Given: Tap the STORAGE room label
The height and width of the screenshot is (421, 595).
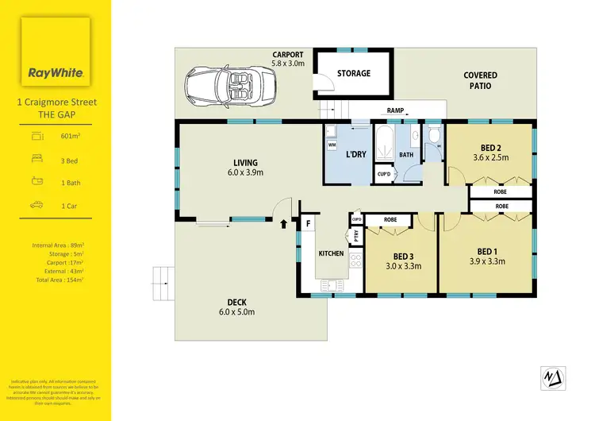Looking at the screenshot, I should click(354, 73).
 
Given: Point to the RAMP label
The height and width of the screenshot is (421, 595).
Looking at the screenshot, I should click(397, 111).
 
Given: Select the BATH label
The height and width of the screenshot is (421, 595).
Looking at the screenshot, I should click(406, 155).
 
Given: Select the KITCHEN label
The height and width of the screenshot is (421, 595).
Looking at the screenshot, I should click(330, 253).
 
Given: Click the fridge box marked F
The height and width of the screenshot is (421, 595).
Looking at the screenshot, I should click(307, 224).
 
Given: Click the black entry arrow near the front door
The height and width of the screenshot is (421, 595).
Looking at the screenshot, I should click(283, 226).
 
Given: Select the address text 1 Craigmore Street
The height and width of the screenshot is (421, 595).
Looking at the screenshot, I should click(56, 102).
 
